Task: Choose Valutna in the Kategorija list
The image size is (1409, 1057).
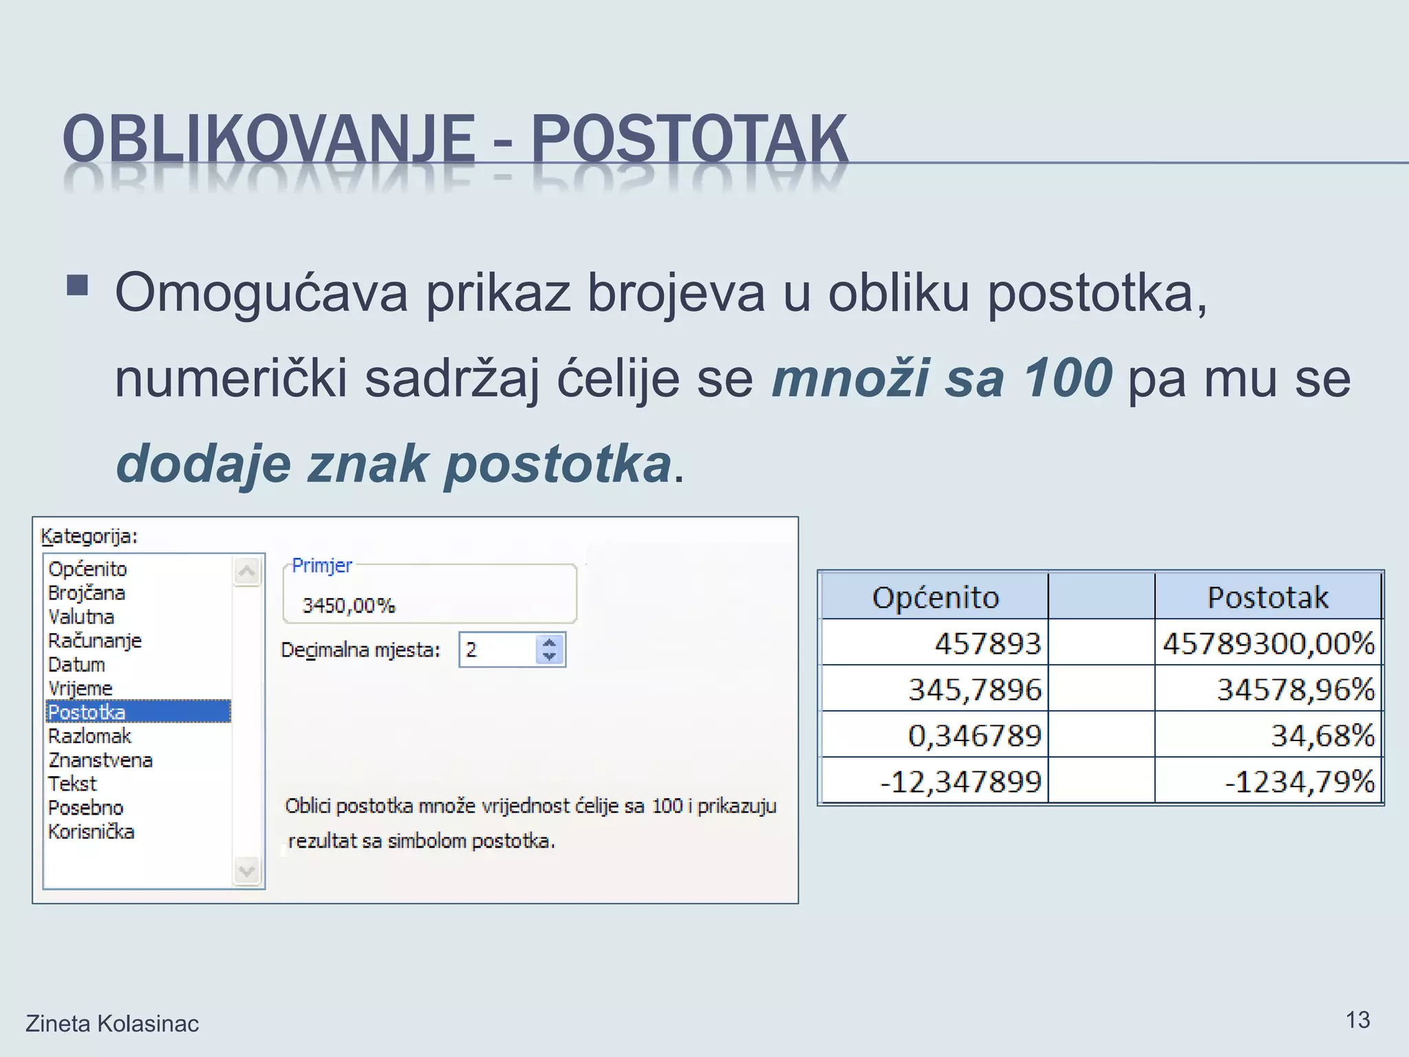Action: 81,617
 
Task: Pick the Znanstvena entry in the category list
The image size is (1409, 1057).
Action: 100,760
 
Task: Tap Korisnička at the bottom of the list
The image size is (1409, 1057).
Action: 91,831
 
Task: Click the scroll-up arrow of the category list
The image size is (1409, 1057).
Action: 247,571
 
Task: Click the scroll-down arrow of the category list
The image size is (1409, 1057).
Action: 247,871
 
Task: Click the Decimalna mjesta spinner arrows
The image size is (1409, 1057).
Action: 549,650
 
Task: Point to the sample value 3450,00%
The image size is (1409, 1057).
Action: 349,606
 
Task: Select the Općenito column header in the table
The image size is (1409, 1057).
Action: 935,597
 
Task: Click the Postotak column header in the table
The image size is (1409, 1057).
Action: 1268,597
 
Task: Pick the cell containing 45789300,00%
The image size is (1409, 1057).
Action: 1268,643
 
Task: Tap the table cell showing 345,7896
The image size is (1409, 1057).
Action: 974,689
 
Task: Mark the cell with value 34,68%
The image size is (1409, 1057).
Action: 1322,735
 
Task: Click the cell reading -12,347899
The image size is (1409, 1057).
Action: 960,782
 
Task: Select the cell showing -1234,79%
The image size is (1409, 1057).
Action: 1300,782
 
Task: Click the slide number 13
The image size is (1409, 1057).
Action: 1357,1020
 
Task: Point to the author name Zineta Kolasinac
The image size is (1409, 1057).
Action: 112,1024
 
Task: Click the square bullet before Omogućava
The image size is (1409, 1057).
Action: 78,285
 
